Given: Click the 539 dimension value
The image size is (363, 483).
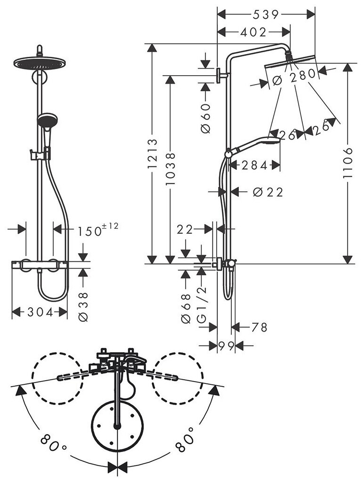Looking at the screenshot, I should pos(267,15).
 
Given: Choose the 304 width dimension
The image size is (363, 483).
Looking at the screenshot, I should pos(39,312).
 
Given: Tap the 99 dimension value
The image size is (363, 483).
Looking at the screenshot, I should pos(226,346).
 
